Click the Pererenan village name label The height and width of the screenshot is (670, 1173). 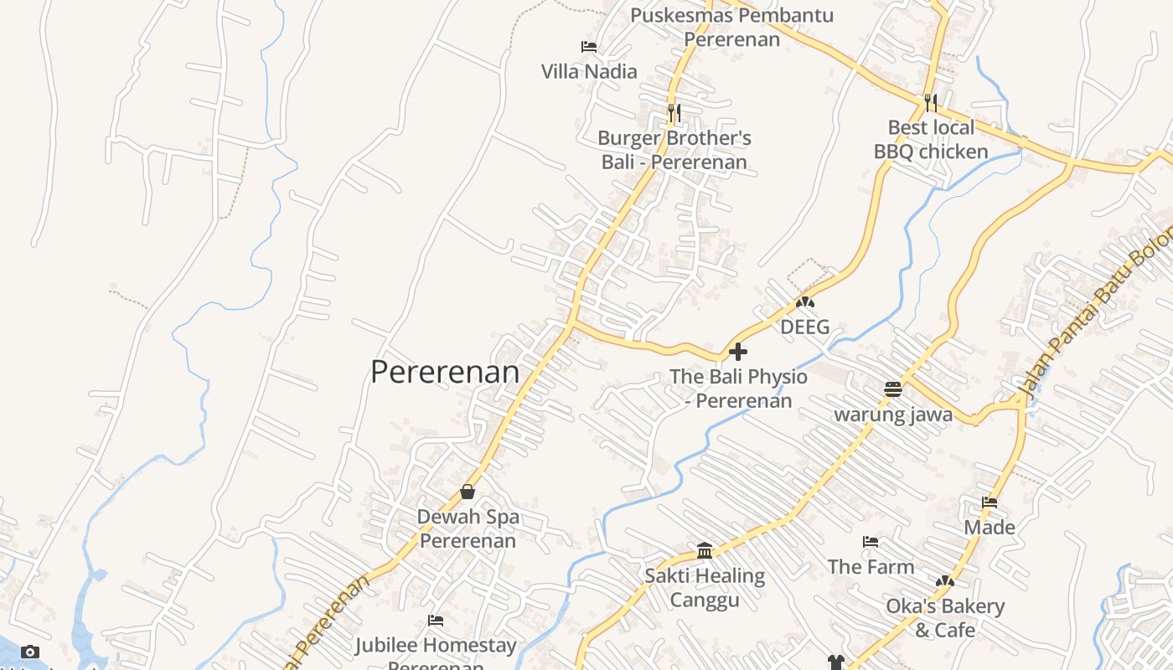(445, 372)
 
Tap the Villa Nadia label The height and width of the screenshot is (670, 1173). (589, 71)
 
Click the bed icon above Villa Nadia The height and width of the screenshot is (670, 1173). (589, 47)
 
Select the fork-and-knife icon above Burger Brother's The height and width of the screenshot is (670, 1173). (674, 111)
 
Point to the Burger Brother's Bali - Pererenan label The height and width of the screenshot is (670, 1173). (674, 150)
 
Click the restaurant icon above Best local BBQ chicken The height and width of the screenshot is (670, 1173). (931, 102)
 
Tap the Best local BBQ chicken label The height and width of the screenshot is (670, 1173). (931, 140)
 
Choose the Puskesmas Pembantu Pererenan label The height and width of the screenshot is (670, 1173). (731, 27)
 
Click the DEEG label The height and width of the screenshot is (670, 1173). (805, 327)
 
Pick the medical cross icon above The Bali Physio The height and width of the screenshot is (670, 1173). (738, 352)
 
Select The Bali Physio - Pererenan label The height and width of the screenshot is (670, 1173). (739, 389)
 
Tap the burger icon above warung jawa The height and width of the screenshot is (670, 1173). (893, 389)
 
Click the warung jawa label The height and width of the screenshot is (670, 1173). (893, 415)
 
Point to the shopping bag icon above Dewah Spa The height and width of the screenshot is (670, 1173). (468, 492)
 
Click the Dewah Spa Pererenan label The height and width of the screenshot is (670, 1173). (468, 528)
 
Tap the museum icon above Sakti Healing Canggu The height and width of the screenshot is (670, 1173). (705, 551)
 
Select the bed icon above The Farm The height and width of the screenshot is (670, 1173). (871, 542)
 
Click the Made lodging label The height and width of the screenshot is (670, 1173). (990, 527)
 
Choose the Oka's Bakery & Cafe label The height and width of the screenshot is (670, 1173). (945, 617)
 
